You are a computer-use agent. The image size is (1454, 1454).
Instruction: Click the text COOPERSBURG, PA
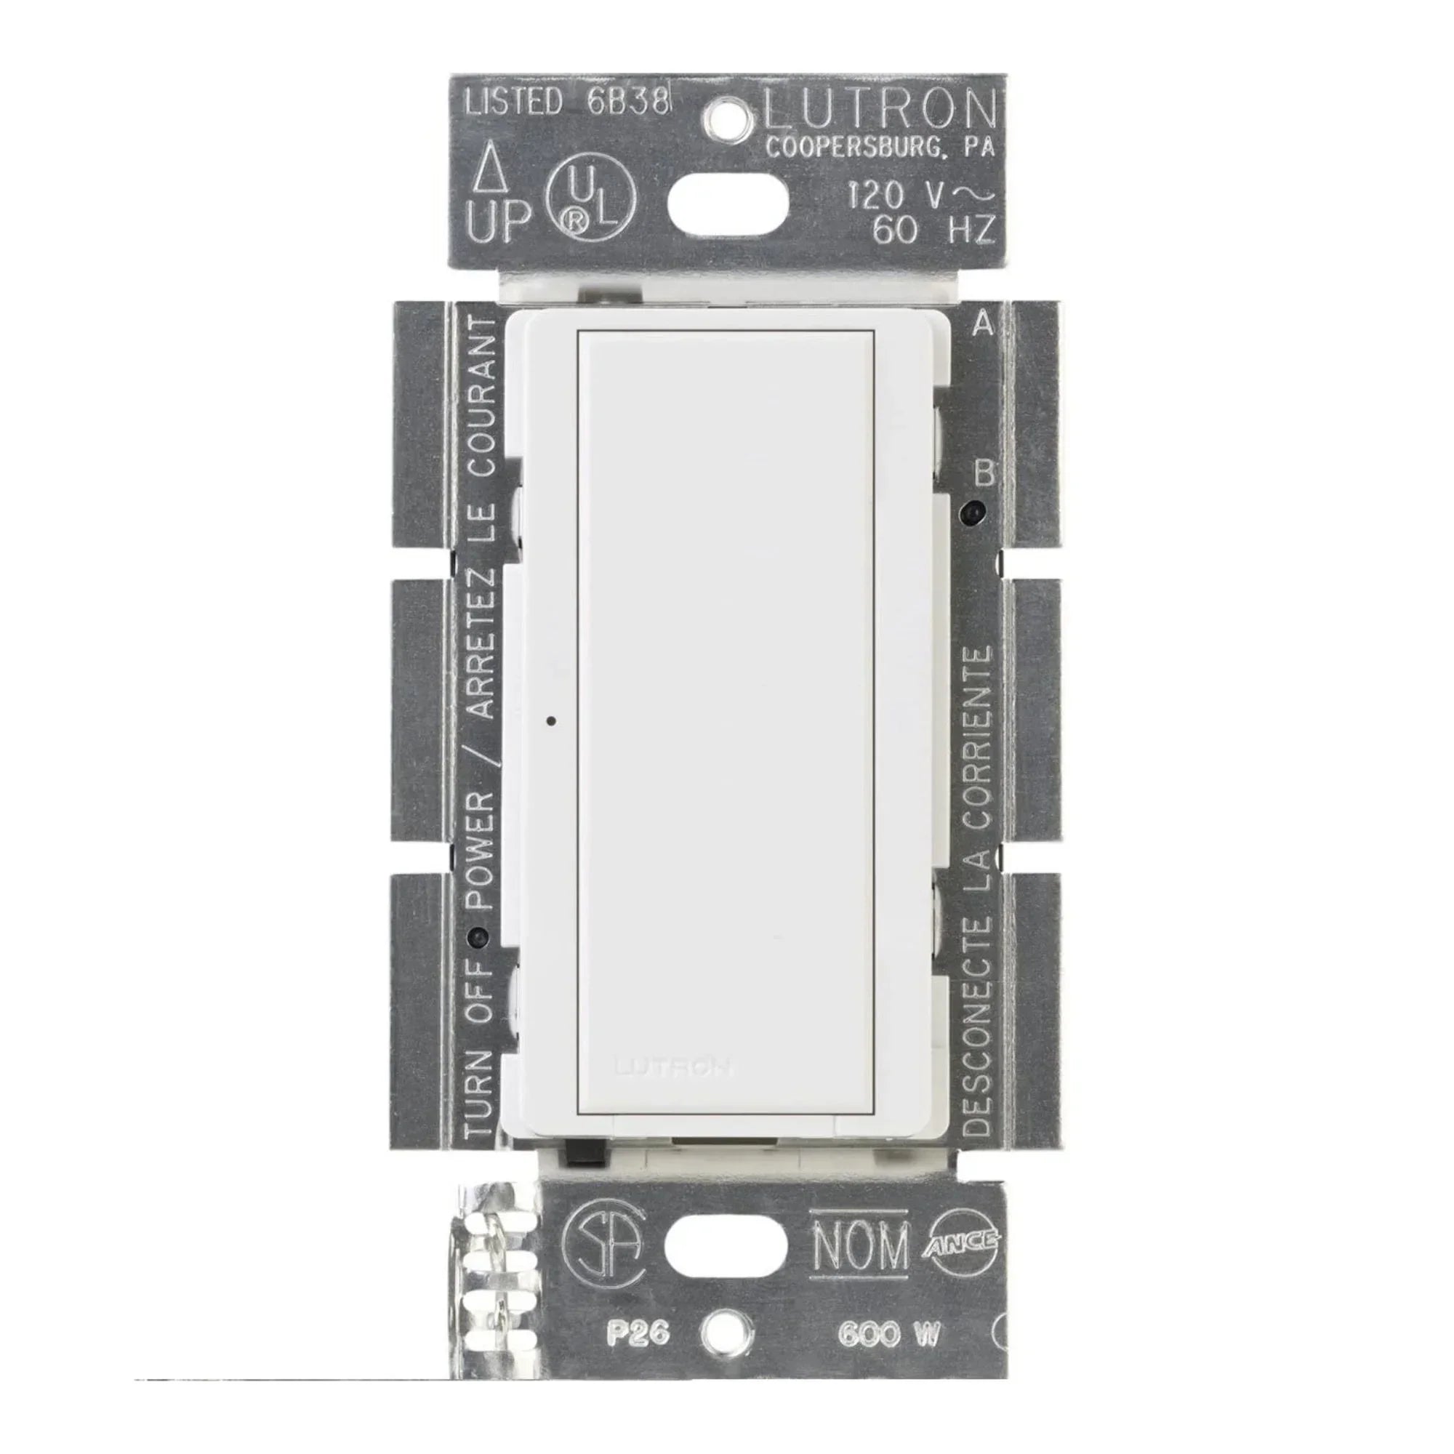[x=880, y=148]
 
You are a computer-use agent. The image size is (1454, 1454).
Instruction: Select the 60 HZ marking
[x=934, y=229]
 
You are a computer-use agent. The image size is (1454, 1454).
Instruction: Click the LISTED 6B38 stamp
[x=566, y=103]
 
